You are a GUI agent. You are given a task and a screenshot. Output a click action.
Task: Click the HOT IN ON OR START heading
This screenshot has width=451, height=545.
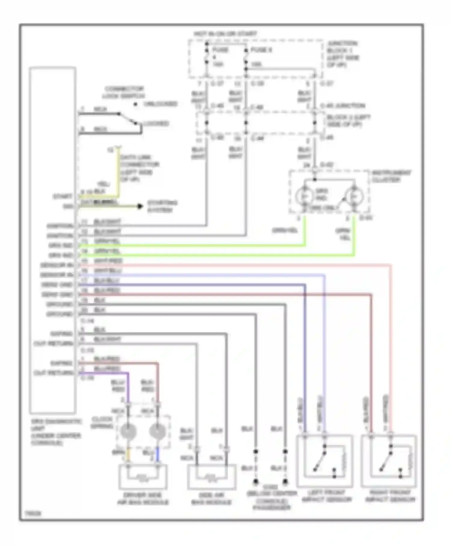pos(225,34)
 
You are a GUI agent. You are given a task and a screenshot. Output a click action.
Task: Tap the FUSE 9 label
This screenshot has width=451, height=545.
pos(261,50)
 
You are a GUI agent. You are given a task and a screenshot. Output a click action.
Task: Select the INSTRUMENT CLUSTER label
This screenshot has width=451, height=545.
pos(391,176)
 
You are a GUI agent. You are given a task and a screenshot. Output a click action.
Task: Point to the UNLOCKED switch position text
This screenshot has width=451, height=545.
pos(160,104)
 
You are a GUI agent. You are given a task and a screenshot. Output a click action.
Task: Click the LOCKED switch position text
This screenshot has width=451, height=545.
pos(155,123)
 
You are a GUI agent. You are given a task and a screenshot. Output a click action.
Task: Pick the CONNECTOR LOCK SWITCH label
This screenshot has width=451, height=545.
pos(124,92)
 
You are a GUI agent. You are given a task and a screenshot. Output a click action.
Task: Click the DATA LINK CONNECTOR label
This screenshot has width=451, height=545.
pos(140,168)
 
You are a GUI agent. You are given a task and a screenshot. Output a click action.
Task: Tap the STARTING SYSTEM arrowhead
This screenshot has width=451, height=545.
pos(140,206)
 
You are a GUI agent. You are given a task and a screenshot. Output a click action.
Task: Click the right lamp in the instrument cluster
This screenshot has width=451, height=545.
pos(354,196)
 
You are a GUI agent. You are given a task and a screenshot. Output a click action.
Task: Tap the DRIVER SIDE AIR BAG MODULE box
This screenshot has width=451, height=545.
pos(143,477)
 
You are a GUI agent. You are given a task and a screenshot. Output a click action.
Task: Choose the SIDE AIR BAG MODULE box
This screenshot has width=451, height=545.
pos(211,477)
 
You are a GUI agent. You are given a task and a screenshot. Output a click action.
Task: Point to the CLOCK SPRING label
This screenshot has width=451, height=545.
pos(102,422)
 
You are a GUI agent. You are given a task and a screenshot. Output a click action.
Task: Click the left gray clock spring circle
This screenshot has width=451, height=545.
pos(128,431)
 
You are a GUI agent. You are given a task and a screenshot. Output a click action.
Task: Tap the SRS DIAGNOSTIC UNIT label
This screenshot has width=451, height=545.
pos(56,432)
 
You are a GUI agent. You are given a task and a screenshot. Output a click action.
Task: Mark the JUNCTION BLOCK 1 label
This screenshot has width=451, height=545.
pos(343,54)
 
